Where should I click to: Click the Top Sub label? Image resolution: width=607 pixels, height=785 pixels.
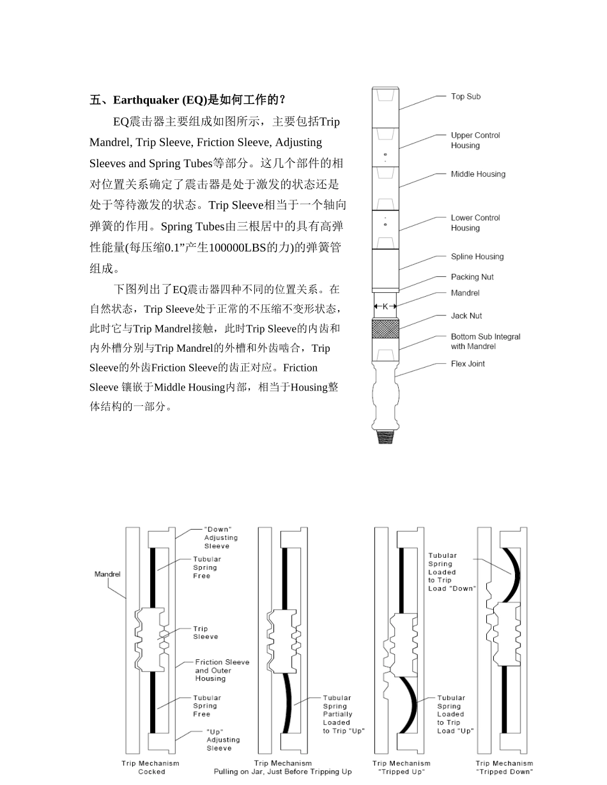465,96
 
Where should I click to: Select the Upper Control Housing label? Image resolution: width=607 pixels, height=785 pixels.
475,140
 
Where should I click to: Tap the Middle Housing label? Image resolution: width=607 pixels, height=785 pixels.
477,174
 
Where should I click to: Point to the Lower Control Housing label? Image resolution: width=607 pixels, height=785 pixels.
475,223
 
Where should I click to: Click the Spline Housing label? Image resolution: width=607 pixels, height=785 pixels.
477,257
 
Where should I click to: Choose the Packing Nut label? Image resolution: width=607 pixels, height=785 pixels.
472,277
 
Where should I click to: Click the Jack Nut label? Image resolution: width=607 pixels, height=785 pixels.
466,316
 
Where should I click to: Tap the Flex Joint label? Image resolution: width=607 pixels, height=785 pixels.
467,364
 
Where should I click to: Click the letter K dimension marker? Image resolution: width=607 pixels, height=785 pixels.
385,307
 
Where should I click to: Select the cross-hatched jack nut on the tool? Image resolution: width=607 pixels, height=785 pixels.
385,328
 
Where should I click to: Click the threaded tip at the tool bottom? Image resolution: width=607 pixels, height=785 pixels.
385,437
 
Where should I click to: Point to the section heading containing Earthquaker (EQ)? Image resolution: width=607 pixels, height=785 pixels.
188,100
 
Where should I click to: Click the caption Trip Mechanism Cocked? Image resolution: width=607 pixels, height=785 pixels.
151,767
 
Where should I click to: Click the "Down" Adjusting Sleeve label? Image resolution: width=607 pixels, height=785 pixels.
220,537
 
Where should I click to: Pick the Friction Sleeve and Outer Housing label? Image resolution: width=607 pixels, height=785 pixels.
222,670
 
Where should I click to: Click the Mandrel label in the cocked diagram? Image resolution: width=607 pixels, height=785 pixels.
107,574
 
